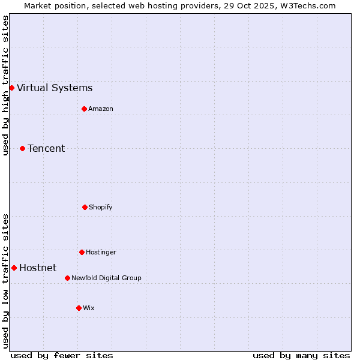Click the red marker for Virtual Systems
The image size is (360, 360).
pyautogui.click(x=11, y=88)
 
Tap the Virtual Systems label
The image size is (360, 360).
pyautogui.click(x=55, y=88)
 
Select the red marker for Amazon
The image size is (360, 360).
pyautogui.click(x=84, y=109)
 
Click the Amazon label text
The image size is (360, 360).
pyautogui.click(x=101, y=109)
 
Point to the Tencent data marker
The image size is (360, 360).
pyautogui.click(x=22, y=148)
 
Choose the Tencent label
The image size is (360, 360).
pyautogui.click(x=46, y=149)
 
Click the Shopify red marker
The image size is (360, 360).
pyautogui.click(x=85, y=207)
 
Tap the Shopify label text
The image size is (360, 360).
pyautogui.click(x=101, y=208)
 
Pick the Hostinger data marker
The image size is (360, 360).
pyautogui.click(x=82, y=252)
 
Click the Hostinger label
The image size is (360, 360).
pyautogui.click(x=101, y=253)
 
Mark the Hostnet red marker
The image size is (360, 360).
pyautogui.click(x=14, y=268)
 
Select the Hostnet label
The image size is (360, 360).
pyautogui.click(x=38, y=268)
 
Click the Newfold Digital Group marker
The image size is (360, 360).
pyautogui.click(x=67, y=278)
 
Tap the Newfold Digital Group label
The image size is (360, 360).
pyautogui.click(x=106, y=278)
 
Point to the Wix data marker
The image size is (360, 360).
pyautogui.click(x=79, y=308)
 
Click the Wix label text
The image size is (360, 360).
pyautogui.click(x=89, y=308)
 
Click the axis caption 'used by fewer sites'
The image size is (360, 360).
pyautogui.click(x=62, y=355)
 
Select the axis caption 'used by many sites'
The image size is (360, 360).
pyautogui.click(x=301, y=355)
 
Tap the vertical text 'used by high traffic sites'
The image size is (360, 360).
pyautogui.click(x=5, y=85)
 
